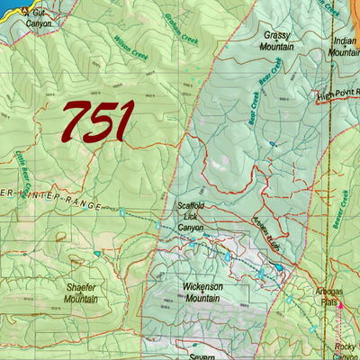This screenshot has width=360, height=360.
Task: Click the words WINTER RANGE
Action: [x=54, y=195]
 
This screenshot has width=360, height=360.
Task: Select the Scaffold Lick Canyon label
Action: [x=190, y=216]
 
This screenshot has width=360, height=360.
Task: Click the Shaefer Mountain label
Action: [x=82, y=292]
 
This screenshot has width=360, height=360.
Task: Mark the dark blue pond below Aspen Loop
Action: [x=281, y=267]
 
